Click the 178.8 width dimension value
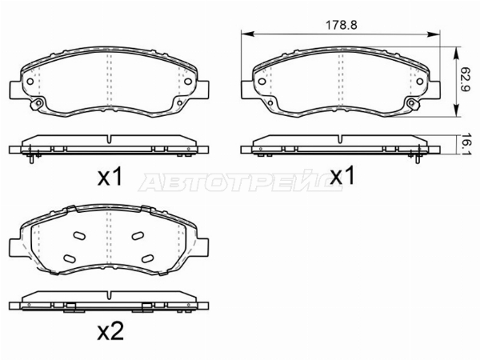pyautogui.click(x=341, y=25)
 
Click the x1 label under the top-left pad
pyautogui.click(x=110, y=178)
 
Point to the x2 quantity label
pyautogui.click(x=110, y=331)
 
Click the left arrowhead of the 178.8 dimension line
pyautogui.click(x=247, y=34)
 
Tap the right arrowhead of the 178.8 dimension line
pyautogui.click(x=434, y=34)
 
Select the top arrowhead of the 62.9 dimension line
pyautogui.click(x=457, y=54)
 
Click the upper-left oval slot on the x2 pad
pyautogui.click(x=79, y=235)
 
